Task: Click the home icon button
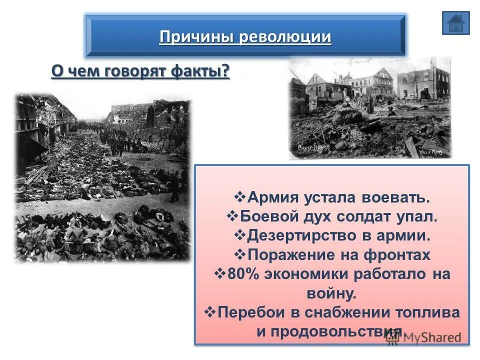pos(455,23)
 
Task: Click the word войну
pos(331,293)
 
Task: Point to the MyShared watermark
pos(425,337)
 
